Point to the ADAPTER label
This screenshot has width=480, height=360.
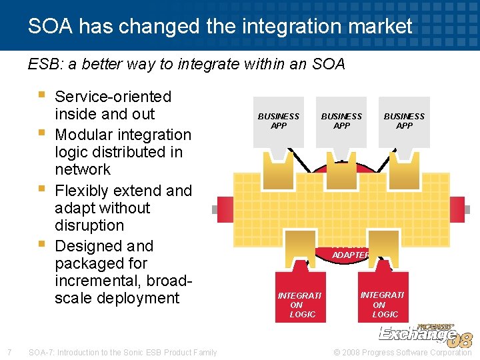point(351,255)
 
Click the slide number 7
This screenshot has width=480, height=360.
point(8,352)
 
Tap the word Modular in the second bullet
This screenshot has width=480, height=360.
point(83,134)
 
